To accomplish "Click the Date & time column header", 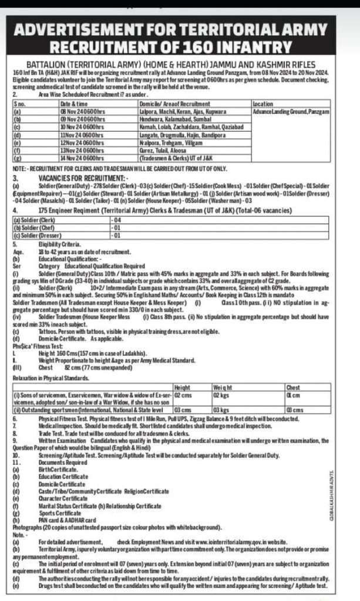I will click(x=73, y=103).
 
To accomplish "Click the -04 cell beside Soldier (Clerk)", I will click(x=117, y=221).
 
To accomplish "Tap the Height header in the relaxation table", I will click(x=183, y=388).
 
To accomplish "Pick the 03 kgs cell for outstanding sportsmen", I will click(x=220, y=409).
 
